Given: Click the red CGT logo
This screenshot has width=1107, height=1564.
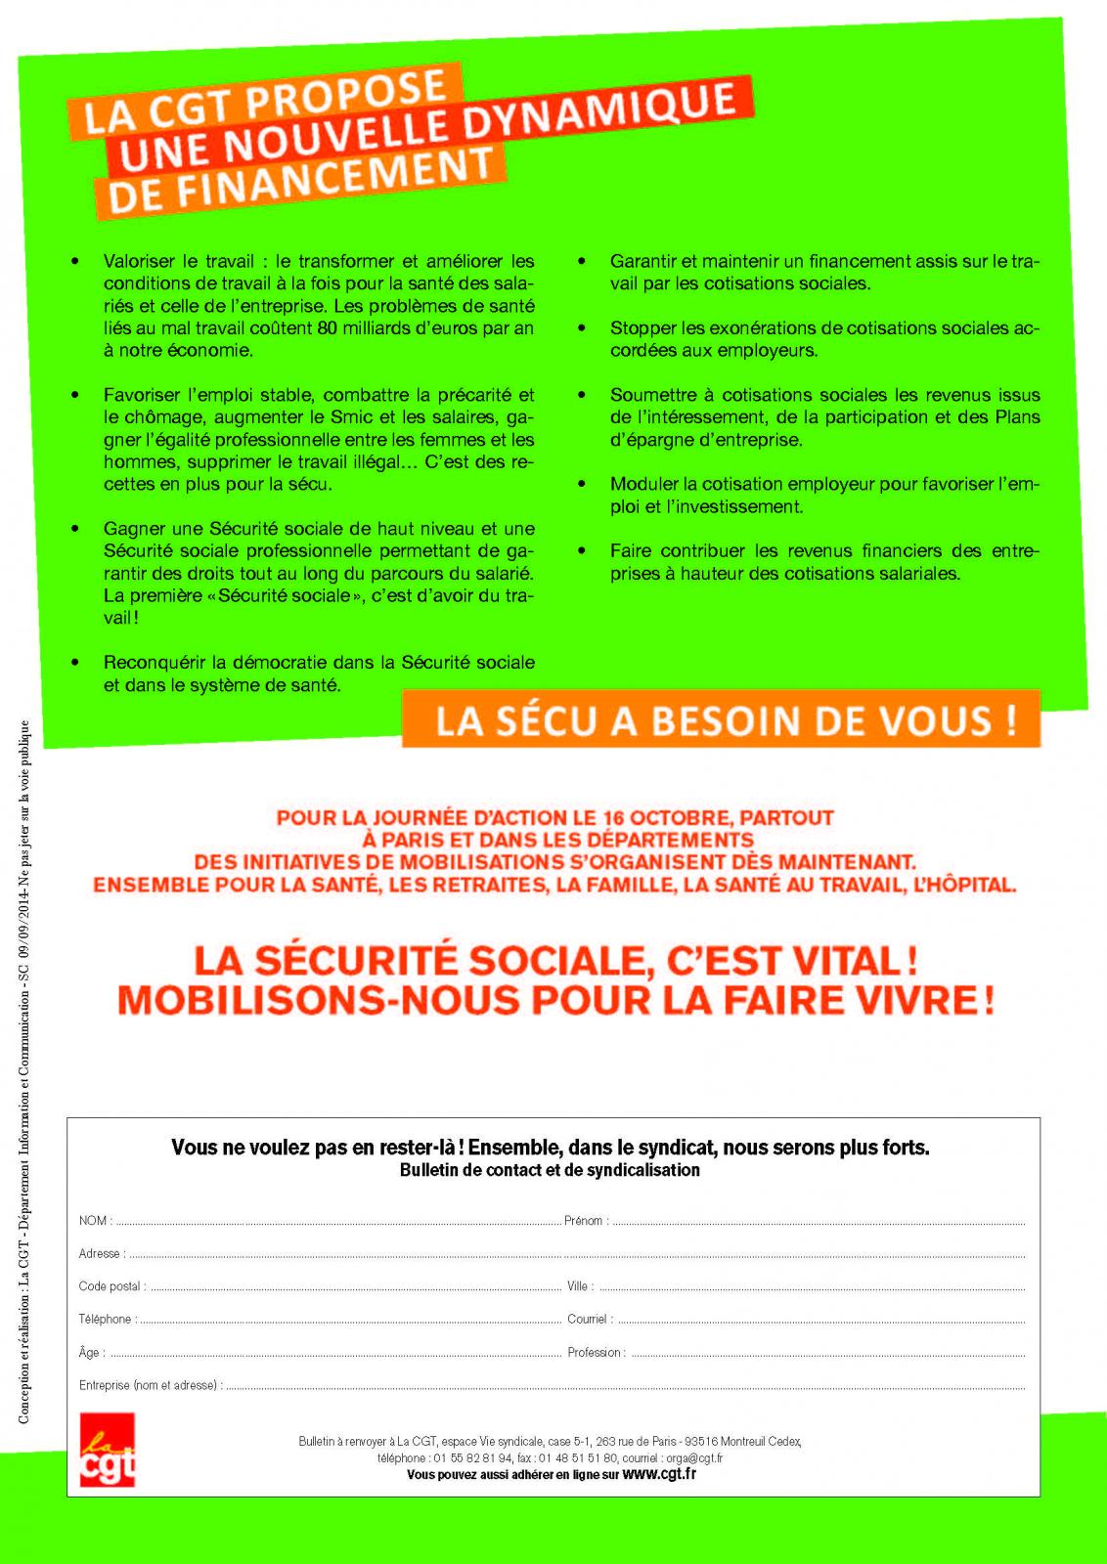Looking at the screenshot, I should click(x=107, y=1450).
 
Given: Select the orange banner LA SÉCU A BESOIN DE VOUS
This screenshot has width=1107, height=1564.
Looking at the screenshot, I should click(x=722, y=719).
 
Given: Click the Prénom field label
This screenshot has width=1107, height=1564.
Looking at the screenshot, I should click(x=584, y=1221).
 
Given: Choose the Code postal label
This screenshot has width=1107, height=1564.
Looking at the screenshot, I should click(x=110, y=1286).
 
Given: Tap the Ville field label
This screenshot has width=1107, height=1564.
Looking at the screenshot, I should click(x=577, y=1286).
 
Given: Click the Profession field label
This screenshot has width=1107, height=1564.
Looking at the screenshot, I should click(x=594, y=1353).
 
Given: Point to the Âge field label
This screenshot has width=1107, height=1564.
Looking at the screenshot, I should click(x=89, y=1353).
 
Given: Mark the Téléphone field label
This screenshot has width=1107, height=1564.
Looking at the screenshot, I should click(x=105, y=1320).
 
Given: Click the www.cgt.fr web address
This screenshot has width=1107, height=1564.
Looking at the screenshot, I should click(x=659, y=1474).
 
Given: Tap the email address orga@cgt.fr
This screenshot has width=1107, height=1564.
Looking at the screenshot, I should click(x=694, y=1458).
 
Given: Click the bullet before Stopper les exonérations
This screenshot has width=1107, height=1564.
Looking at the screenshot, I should click(x=582, y=328).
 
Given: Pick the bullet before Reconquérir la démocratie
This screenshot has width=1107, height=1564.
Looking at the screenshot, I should click(x=75, y=663).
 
